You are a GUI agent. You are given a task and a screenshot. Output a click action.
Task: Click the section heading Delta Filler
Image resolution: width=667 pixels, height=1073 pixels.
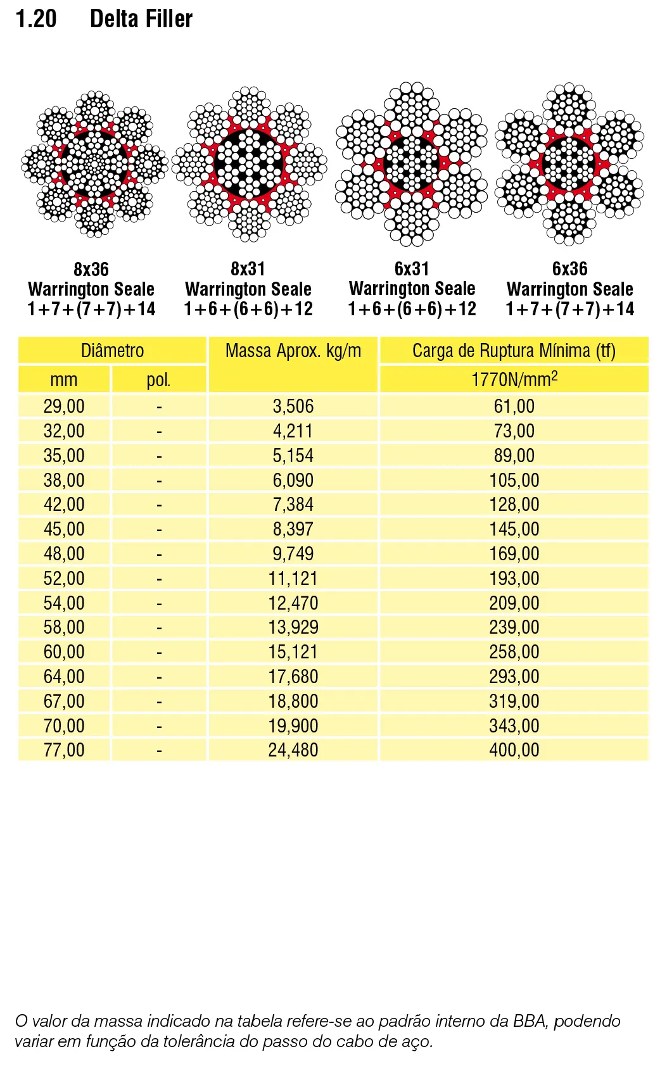pyautogui.click(x=141, y=19)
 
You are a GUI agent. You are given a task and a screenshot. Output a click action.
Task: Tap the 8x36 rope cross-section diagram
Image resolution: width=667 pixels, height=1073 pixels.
pyautogui.click(x=94, y=164)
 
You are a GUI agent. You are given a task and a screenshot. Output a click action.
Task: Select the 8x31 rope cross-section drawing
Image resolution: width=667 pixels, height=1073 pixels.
pyautogui.click(x=249, y=164)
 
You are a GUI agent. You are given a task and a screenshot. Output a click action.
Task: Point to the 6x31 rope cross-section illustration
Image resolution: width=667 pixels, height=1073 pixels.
pyautogui.click(x=412, y=164)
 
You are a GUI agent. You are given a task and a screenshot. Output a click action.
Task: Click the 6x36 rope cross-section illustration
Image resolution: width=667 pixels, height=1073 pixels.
pyautogui.click(x=569, y=164)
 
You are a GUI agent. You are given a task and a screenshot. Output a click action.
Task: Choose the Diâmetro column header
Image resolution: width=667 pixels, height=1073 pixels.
pyautogui.click(x=112, y=351)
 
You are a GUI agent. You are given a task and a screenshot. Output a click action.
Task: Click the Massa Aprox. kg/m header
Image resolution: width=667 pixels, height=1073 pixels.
pyautogui.click(x=293, y=351)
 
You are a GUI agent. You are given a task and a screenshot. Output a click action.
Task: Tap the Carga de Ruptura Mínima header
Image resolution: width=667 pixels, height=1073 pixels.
pyautogui.click(x=514, y=351)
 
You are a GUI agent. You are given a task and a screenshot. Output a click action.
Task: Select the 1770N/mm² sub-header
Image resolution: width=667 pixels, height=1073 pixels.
pyautogui.click(x=514, y=379)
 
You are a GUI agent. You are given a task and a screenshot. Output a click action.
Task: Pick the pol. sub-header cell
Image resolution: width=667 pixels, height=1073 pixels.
pyautogui.click(x=158, y=380)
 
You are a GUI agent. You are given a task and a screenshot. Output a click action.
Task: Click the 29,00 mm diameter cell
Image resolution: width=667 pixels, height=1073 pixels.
pyautogui.click(x=64, y=406)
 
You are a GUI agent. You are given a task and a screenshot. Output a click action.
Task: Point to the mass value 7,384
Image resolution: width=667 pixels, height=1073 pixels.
pyautogui.click(x=293, y=505)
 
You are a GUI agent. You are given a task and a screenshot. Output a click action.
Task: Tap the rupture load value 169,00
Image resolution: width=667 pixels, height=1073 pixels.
pyautogui.click(x=514, y=554)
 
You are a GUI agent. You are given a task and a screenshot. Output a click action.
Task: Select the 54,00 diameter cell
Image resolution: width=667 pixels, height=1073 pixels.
pyautogui.click(x=64, y=603)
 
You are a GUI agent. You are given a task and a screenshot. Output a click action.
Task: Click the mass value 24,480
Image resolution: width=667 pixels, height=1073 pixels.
pyautogui.click(x=293, y=750)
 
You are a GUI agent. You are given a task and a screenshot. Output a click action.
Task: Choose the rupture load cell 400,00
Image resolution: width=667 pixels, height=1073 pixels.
pyautogui.click(x=514, y=750)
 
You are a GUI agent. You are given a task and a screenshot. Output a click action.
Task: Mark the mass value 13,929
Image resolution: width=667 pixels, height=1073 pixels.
pyautogui.click(x=293, y=627)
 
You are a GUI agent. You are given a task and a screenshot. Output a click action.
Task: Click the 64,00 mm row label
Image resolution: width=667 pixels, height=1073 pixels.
pyautogui.click(x=64, y=677)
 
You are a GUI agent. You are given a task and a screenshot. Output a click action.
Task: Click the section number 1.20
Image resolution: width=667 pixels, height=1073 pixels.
pyautogui.click(x=36, y=19)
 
